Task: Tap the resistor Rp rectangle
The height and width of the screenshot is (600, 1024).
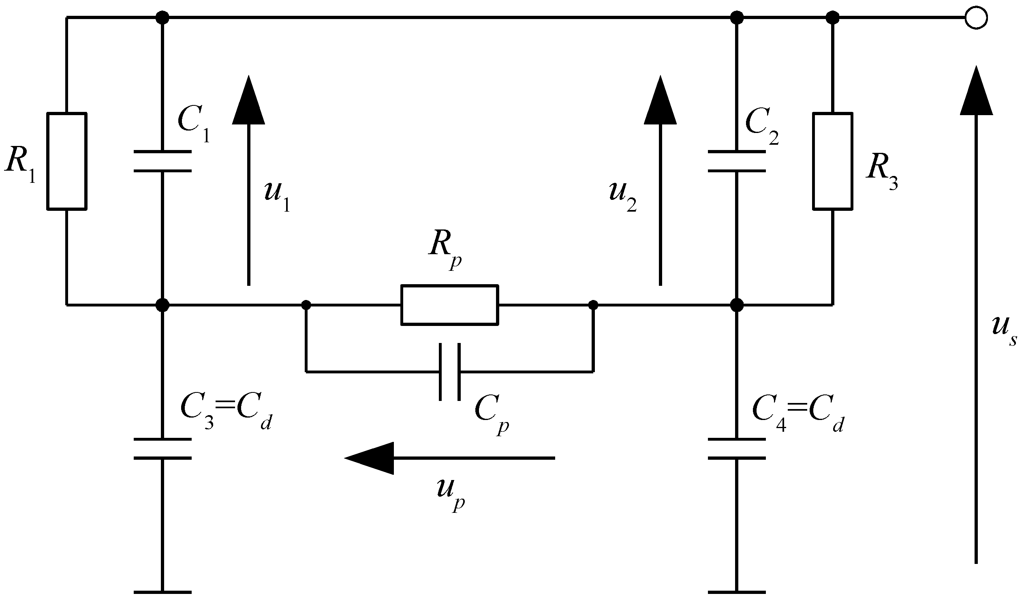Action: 449,305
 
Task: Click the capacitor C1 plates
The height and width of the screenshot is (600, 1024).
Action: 162,161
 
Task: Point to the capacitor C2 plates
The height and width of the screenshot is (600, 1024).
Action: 736,161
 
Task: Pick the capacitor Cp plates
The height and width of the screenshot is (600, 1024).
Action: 449,371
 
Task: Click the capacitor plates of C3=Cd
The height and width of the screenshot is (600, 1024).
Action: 162,449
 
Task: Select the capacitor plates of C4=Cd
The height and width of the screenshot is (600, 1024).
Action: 736,449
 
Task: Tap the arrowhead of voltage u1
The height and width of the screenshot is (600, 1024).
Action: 248,102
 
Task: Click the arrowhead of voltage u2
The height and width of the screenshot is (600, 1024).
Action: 660,102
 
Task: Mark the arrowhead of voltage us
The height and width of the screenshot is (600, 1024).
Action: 976,92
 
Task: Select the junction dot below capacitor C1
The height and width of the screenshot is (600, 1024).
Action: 162,304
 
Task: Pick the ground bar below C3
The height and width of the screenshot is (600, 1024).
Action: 162,592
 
